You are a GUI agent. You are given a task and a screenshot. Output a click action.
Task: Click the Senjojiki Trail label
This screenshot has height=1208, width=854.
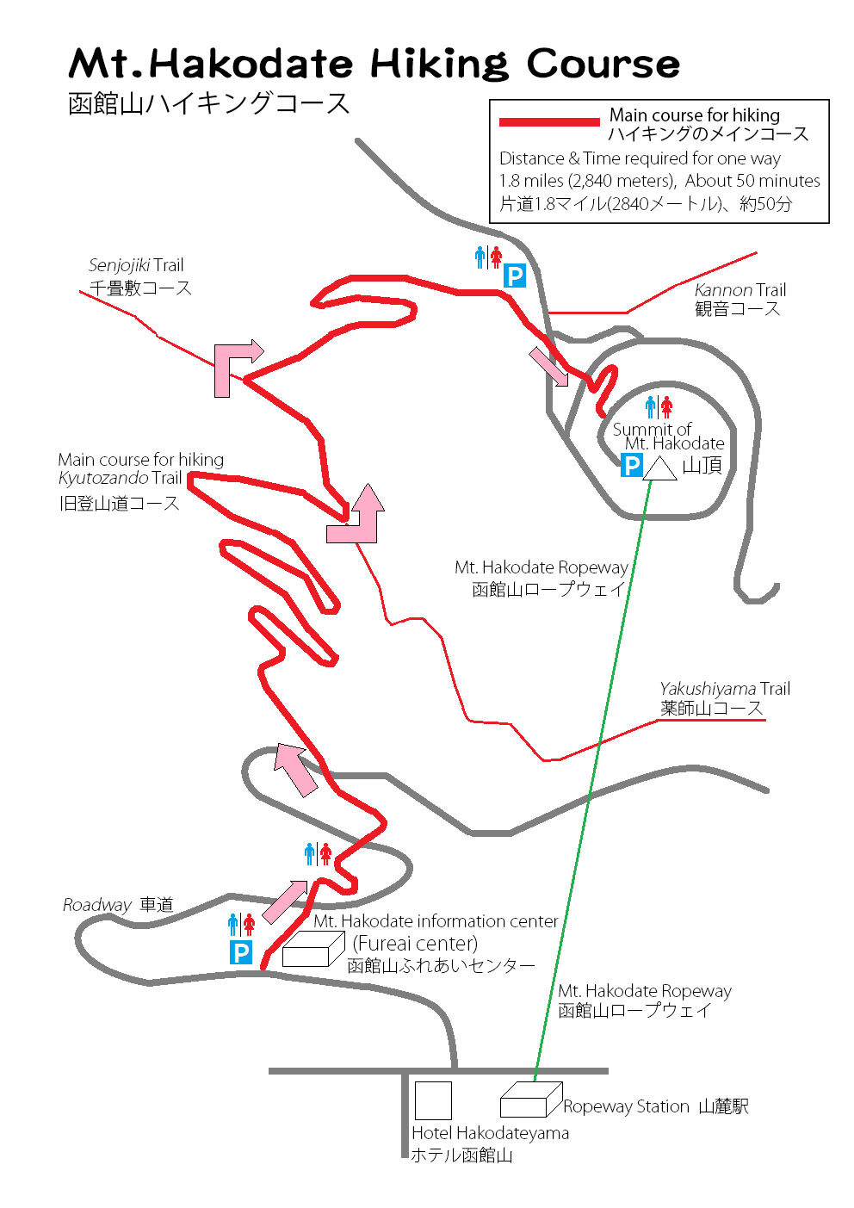click(x=136, y=265)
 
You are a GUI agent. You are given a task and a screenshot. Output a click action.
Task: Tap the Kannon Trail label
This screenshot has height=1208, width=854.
click(x=740, y=290)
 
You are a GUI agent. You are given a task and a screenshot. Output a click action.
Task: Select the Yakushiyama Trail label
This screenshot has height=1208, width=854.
click(x=724, y=689)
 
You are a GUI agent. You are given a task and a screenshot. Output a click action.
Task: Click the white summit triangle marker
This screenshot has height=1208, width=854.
click(x=659, y=470)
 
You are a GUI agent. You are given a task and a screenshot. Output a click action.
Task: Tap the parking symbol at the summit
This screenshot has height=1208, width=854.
click(x=632, y=466)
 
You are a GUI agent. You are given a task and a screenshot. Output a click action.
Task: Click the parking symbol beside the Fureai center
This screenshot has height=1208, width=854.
click(x=241, y=952)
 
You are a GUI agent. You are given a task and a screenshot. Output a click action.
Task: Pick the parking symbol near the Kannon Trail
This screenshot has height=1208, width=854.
click(x=514, y=276)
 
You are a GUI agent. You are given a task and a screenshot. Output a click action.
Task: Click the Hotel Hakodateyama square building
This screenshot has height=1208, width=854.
click(x=433, y=1100)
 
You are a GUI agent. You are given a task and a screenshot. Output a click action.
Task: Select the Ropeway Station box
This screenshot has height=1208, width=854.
click(x=530, y=1100)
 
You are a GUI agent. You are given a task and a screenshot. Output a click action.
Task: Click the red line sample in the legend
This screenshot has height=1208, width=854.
click(x=549, y=122)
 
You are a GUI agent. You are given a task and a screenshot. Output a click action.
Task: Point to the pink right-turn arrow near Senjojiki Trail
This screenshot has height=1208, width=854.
click(x=235, y=365)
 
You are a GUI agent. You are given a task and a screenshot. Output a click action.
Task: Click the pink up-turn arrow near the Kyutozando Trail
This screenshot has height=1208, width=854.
click(x=357, y=515)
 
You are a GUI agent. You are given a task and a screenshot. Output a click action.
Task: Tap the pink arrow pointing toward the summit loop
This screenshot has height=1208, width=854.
click(x=548, y=366)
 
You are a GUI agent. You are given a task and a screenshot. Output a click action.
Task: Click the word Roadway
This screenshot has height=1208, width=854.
click(x=96, y=905)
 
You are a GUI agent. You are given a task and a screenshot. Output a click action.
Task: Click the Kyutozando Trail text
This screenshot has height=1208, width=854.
click(x=120, y=479)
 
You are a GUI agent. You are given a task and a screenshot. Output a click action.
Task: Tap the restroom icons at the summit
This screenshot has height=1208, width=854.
click(x=659, y=406)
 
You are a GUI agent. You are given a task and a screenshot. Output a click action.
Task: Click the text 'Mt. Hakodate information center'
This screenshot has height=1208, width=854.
click(x=436, y=921)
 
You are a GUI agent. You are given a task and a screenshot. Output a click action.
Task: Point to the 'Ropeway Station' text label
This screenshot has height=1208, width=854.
click(x=626, y=1107)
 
